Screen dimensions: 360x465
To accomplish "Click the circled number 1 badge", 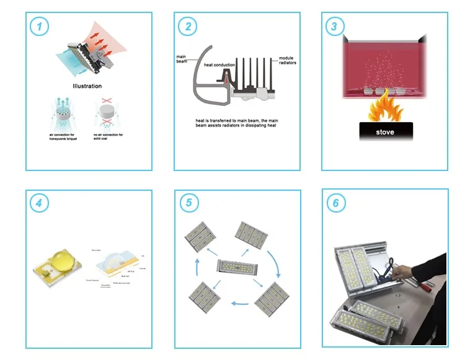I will click(40, 27).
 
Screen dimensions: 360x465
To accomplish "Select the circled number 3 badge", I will click(334, 27).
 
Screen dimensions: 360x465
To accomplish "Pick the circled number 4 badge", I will click(40, 203).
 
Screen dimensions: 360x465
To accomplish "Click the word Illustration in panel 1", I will click(87, 87).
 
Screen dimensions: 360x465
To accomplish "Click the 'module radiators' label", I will click(288, 61).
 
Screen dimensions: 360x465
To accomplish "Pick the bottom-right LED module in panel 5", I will click(271, 299).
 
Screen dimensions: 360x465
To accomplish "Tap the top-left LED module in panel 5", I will click(200, 237).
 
